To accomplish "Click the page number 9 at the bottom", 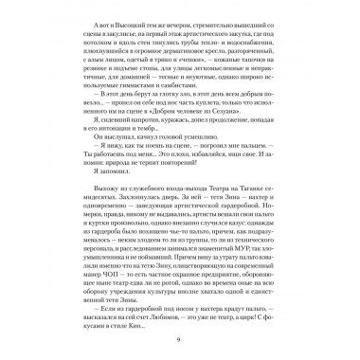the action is pyautogui.click(x=180, y=349).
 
